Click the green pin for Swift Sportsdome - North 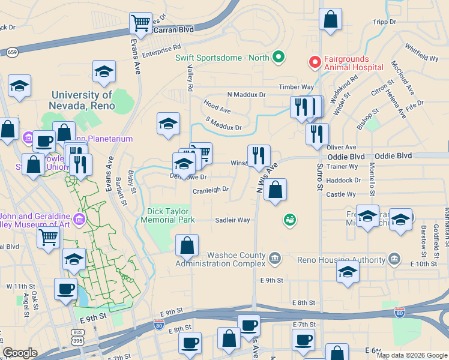[278, 58]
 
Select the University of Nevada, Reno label [82, 100]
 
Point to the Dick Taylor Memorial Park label [168, 215]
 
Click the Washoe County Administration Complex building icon [274, 258]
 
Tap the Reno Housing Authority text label [341, 260]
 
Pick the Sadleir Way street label [232, 220]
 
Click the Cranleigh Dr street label [211, 190]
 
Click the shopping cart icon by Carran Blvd [140, 23]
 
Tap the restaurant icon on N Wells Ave [259, 155]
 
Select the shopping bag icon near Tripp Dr [330, 19]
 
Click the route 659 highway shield [12, 53]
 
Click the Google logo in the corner [20, 353]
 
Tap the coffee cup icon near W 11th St [65, 289]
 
